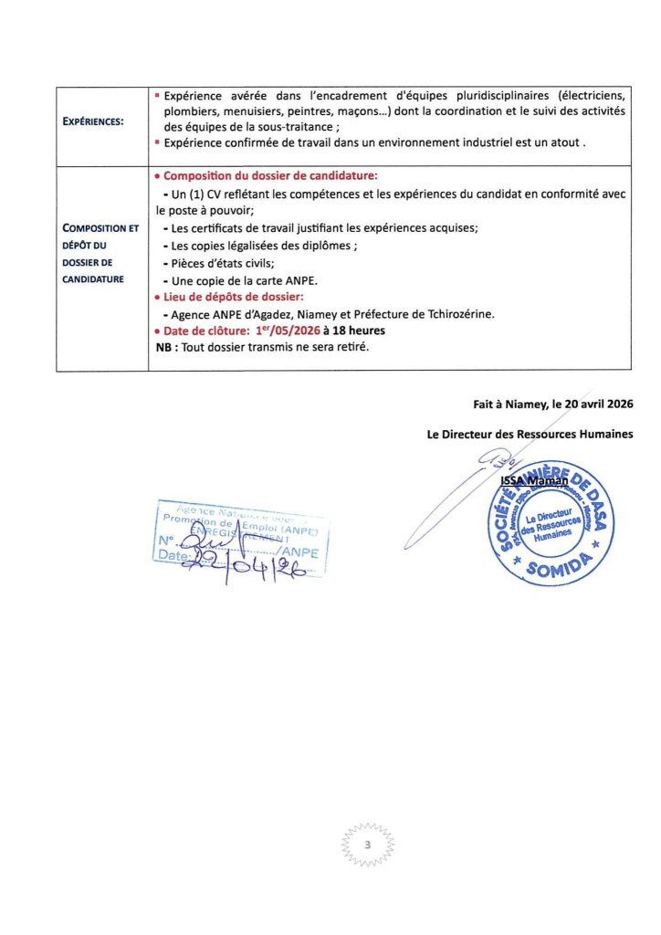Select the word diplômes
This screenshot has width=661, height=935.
tap(327, 247)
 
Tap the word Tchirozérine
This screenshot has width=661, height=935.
tap(452, 314)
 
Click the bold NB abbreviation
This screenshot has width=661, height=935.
tap(166, 348)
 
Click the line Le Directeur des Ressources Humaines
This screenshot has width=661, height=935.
tap(530, 435)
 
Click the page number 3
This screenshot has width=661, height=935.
tap(366, 845)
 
